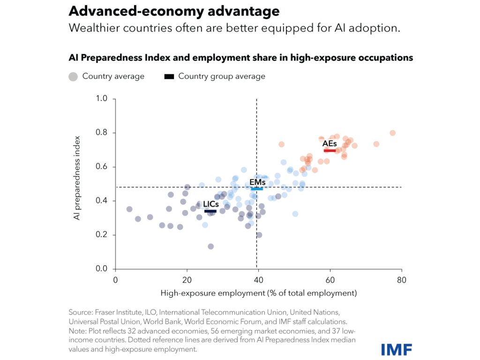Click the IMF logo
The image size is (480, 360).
pos(397,349)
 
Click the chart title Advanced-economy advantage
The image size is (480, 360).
pos(174,11)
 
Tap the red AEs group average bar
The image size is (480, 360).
pos(330,150)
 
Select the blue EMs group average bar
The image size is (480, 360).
pos(256,188)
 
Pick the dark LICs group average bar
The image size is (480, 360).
pos(210,211)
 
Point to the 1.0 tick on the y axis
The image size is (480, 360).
pos(103,99)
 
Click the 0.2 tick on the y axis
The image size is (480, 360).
pos(103,235)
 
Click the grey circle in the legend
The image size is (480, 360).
pos(73,76)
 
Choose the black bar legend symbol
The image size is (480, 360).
pos(169,76)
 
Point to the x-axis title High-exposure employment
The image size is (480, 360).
pos(258,293)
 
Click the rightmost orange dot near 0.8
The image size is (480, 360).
pos(393,133)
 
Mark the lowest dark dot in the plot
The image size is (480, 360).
pos(211,247)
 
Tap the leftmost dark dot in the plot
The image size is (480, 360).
pos(129,209)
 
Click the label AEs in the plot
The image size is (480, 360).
pos(330,143)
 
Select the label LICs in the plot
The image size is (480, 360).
pos(210,204)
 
